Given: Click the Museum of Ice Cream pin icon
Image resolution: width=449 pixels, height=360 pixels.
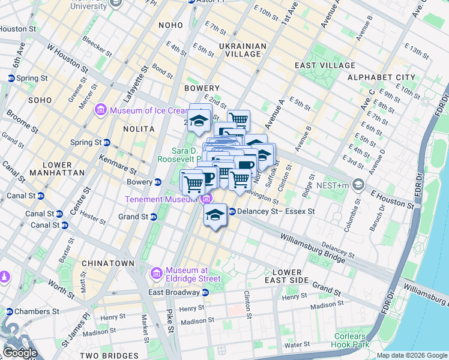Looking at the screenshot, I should tap(101, 109).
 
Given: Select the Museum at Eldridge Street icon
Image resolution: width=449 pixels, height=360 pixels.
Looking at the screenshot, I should tap(156, 274).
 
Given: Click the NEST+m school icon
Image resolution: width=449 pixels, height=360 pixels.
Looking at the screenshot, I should tap(358, 184).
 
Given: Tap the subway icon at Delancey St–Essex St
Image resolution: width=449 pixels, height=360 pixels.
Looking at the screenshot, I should tap(232, 211).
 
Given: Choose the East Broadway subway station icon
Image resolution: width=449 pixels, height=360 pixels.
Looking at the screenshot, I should tap(205, 292).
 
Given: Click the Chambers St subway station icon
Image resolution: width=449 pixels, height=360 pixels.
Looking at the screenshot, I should tap(9, 311).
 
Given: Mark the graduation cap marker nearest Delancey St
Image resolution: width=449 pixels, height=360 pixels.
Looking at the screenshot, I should tap(215, 215).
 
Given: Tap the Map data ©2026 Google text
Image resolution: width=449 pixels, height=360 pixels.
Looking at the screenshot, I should tap(411, 355).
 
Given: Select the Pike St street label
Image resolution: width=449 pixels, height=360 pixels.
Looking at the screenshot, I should tap(170, 321).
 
